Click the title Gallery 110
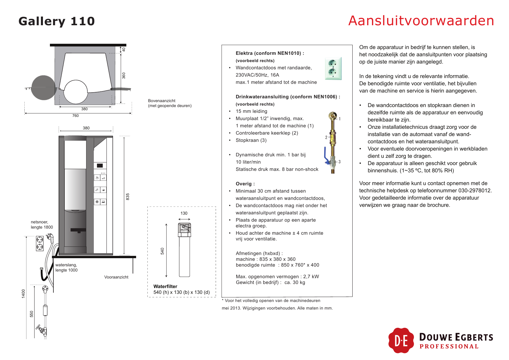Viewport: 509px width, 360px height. coord(57,21)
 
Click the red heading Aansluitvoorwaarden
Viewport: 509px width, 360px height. coord(421,21)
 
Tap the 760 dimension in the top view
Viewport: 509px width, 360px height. coord(75,115)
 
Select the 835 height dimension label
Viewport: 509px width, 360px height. coord(128,196)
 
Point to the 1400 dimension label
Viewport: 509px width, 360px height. coord(24,293)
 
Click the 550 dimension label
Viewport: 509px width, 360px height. coord(32,314)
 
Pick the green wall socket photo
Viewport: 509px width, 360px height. coord(333,68)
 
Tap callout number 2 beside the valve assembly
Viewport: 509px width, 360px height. coord(326,137)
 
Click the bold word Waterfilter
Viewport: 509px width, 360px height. coord(165,286)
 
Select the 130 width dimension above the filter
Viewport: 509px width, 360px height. coord(184,213)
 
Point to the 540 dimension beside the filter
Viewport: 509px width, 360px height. coord(163,251)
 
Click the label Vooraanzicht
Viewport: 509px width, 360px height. coord(116,277)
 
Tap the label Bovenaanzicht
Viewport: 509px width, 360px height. coord(162,101)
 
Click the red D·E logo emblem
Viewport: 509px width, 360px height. coord(401,341)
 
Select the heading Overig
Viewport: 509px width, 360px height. coord(245,184)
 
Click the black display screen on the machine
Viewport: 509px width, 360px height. coord(100,166)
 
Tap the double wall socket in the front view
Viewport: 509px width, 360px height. coord(40,243)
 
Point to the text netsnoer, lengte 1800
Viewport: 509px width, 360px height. coord(42,225)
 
